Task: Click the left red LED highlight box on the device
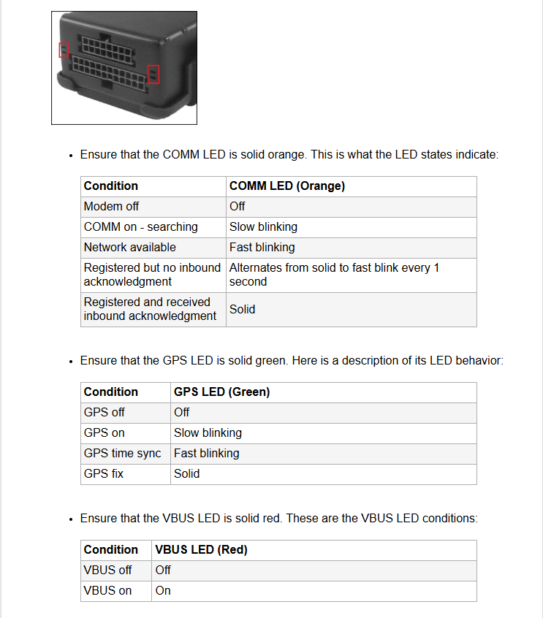[64, 50]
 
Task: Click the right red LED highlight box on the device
[153, 74]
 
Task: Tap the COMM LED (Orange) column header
[287, 186]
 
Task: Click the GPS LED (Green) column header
[221, 392]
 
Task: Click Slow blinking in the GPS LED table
[208, 432]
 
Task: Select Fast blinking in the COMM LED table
[262, 248]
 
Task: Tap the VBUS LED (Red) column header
[201, 550]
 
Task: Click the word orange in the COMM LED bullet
[286, 155]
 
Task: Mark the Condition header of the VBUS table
[111, 550]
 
